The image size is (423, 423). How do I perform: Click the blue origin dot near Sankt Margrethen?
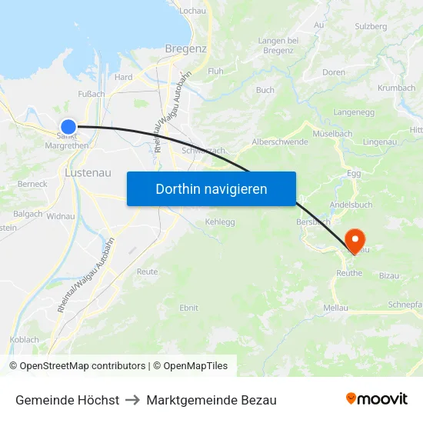click(x=68, y=127)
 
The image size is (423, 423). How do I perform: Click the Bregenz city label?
click(x=185, y=48)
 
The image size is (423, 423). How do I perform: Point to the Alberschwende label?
click(x=280, y=142)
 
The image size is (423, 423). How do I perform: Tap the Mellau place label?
click(x=335, y=308)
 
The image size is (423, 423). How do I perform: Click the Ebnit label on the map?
click(x=188, y=308)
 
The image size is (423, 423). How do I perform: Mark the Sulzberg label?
click(x=371, y=25)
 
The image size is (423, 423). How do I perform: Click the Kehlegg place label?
click(x=220, y=221)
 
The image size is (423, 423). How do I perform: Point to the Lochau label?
click(x=192, y=11)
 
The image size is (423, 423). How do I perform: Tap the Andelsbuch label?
click(x=351, y=205)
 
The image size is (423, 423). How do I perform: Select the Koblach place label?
click(x=24, y=339)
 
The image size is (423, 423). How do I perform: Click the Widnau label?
click(x=61, y=216)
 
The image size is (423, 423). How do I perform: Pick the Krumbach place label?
click(x=397, y=88)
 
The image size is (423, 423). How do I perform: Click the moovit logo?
click(x=377, y=399)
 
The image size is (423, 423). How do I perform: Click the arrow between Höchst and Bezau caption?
click(x=132, y=400)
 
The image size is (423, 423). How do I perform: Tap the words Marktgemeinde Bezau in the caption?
click(x=211, y=400)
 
